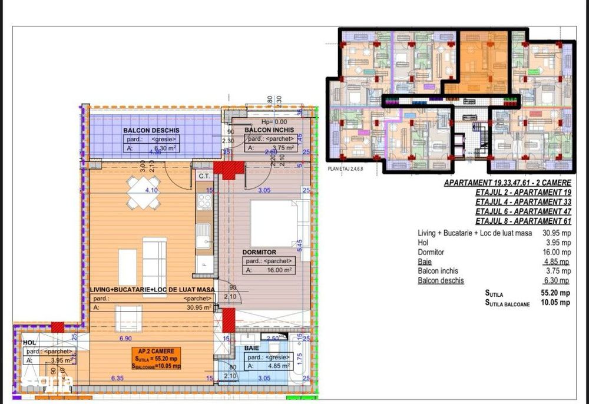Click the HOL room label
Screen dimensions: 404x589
(x=29, y=342)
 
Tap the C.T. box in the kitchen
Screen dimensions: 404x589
(x=204, y=175)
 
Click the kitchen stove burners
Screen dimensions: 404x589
(x=204, y=202)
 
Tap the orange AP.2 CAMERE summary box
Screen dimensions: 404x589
(x=155, y=357)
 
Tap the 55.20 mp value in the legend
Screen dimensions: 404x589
(x=556, y=293)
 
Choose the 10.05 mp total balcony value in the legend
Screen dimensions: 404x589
(x=556, y=303)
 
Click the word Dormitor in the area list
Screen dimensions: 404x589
(x=432, y=252)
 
